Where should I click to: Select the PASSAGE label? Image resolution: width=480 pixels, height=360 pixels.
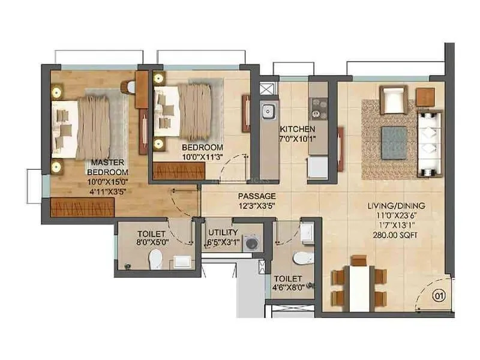[257, 196]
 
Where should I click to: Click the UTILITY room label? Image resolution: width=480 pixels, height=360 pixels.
[223, 233]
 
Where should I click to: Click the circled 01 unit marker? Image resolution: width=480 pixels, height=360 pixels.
[440, 295]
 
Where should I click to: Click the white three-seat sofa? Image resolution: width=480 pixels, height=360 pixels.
[430, 143]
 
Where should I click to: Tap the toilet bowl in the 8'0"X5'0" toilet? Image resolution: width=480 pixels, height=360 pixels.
[155, 259]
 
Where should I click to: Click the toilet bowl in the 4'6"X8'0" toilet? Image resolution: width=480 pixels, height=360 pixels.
[301, 258]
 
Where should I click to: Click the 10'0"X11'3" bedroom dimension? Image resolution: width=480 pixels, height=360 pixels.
[202, 157]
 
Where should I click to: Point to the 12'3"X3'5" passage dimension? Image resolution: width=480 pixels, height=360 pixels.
[257, 206]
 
